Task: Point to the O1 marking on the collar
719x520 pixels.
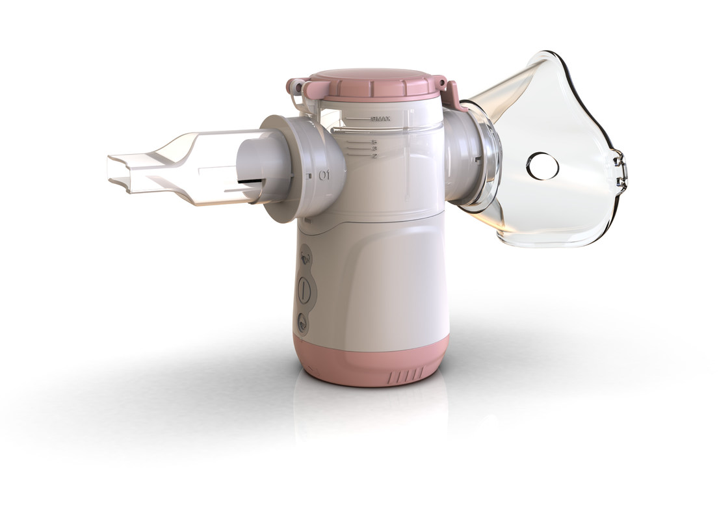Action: (324, 175)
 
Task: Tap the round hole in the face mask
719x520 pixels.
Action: (542, 166)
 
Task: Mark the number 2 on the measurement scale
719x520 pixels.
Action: (375, 156)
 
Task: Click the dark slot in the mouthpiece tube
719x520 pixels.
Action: (250, 183)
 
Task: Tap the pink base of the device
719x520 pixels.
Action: (371, 361)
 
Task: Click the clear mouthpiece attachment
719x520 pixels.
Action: (176, 169)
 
